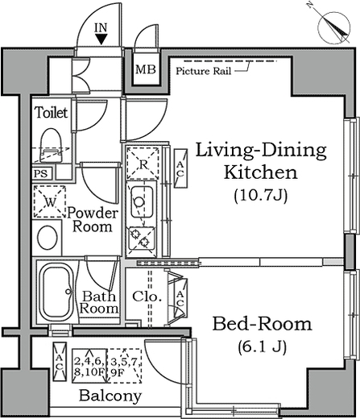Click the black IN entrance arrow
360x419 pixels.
(101, 39)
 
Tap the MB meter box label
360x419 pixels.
(146, 70)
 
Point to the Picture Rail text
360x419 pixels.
(204, 71)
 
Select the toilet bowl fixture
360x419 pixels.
(51, 146)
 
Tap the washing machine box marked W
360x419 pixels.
(50, 201)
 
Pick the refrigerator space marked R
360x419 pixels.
(143, 163)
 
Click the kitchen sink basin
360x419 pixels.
(143, 202)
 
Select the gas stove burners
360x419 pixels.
(142, 239)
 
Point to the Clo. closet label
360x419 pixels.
(147, 297)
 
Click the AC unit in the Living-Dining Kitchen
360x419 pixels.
(180, 168)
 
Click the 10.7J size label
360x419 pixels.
(261, 196)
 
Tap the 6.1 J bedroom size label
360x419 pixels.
(262, 346)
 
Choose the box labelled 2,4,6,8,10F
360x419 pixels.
(90, 366)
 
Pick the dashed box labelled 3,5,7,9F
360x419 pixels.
(125, 366)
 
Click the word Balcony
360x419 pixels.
(110, 396)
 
